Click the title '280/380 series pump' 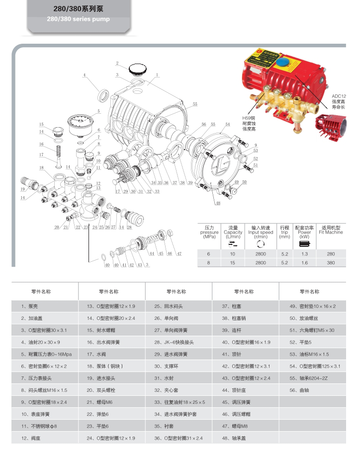point(78,19)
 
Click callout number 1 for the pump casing point(157,75)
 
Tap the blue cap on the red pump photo point(284,63)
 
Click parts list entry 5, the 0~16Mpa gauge point(47,354)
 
